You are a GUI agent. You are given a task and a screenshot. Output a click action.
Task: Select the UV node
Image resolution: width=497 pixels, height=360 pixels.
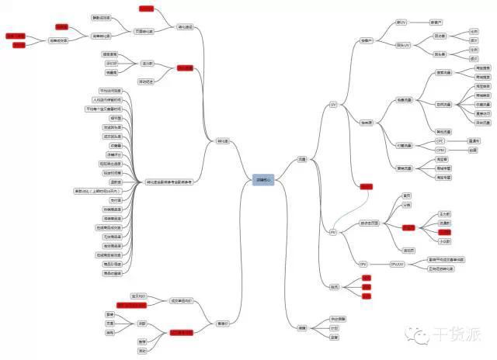point(333,104)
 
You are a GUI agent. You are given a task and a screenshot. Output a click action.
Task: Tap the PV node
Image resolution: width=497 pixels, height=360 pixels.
point(333,232)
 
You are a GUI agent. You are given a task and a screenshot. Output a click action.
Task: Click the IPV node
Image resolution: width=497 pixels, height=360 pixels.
point(363,264)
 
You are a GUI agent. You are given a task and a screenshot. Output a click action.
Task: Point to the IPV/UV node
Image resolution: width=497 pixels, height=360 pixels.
point(397,264)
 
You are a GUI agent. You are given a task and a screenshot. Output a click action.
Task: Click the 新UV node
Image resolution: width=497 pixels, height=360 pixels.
point(401,22)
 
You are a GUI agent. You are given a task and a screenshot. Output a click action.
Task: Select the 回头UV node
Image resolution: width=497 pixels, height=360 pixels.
point(403,46)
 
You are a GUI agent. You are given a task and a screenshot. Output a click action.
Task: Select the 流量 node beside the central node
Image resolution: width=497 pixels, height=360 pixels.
point(302,159)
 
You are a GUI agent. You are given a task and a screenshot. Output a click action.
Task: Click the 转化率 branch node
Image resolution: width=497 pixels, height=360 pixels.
point(223,141)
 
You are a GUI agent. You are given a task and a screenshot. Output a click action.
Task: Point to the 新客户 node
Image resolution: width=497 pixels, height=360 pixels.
point(436,22)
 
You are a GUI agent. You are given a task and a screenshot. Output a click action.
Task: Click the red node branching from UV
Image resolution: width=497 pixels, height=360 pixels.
point(366,186)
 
